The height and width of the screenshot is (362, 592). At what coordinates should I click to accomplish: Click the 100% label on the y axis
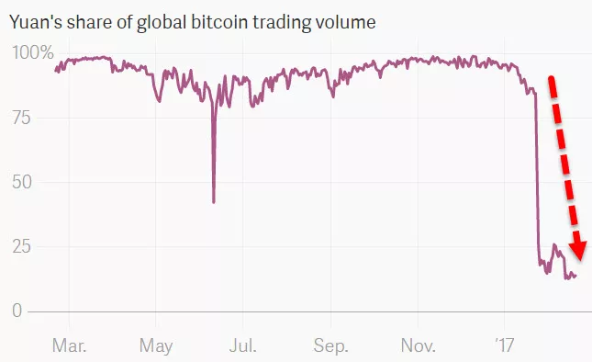click(32, 53)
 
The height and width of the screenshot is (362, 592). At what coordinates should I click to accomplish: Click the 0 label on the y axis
click(17, 311)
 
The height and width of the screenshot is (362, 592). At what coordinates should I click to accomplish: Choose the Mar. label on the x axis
click(70, 345)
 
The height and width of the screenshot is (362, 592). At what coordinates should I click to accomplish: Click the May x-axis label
click(156, 345)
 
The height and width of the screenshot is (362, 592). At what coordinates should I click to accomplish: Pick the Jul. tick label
click(242, 345)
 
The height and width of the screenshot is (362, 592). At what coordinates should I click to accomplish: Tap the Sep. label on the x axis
click(330, 345)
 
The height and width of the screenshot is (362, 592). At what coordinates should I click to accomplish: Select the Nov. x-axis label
click(418, 345)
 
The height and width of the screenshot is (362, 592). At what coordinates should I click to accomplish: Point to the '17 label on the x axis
click(504, 345)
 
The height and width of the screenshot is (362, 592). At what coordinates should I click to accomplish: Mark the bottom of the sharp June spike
click(214, 202)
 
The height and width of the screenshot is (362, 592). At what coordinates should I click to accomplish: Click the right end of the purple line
click(575, 276)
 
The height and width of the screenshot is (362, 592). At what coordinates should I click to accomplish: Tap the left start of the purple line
click(56, 70)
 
